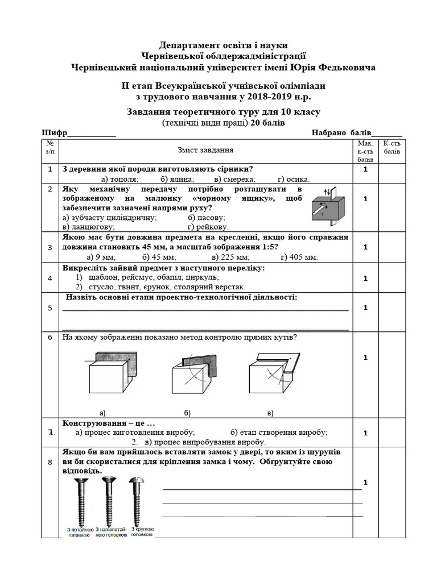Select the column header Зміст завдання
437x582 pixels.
(x=205, y=151)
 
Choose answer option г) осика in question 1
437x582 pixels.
(x=294, y=178)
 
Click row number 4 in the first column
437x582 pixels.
(x=50, y=278)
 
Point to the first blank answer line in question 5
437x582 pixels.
(x=205, y=310)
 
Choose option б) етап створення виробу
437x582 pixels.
(x=279, y=432)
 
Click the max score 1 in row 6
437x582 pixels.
(x=365, y=357)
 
